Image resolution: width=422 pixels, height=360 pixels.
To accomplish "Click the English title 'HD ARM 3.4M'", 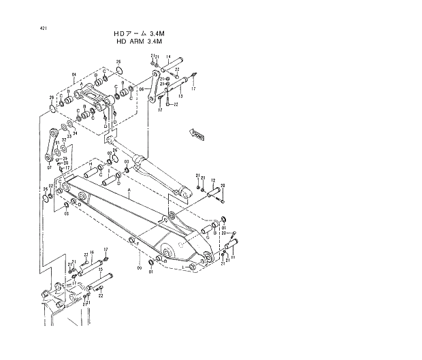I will point(146,41).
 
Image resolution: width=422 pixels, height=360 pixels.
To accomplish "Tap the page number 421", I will point(44,28).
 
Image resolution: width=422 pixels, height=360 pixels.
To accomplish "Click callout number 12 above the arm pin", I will point(213,180).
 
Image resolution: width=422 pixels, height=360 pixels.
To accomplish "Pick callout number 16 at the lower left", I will point(92,252).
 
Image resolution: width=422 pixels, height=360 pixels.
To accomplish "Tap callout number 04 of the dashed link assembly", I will point(74,74).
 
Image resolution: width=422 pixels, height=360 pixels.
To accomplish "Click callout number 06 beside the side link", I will point(142,88).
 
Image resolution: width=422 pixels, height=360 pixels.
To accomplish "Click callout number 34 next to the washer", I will point(75,133).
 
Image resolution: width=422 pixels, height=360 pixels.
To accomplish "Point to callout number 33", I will point(69,136).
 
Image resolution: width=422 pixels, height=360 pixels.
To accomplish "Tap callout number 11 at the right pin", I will point(233,258).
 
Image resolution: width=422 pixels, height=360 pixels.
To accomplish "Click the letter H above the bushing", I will point(91,164).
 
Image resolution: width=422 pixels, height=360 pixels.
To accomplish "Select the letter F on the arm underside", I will point(137,243).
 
